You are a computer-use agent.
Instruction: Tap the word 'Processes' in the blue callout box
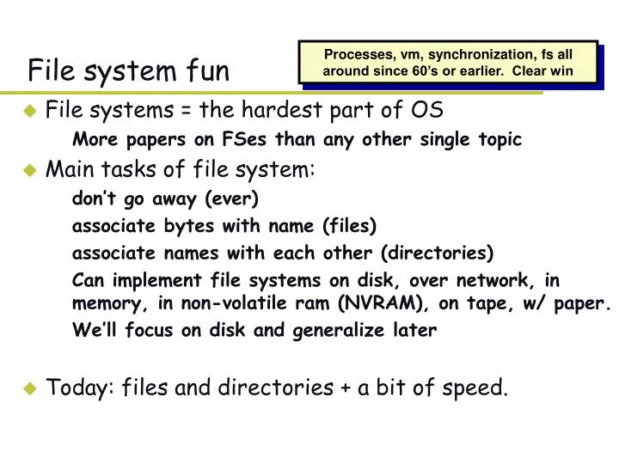pos(353,53)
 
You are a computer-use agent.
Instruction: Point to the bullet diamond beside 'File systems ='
pos(30,110)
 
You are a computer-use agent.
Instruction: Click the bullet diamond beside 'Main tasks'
pos(30,170)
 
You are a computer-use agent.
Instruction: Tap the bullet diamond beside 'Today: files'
pos(30,388)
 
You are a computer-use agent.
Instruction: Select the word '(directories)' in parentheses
pos(438,253)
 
